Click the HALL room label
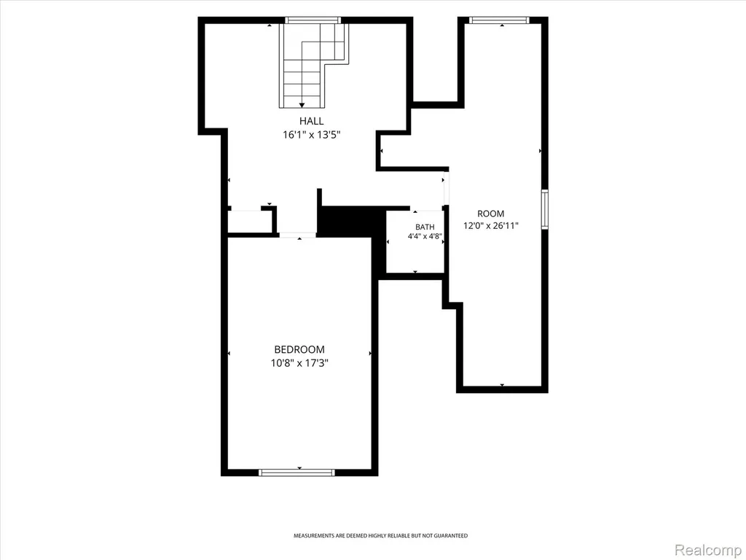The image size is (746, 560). click(x=311, y=121)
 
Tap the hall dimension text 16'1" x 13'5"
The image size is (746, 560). click(x=312, y=135)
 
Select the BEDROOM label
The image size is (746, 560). click(x=299, y=349)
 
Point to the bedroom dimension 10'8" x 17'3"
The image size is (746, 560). click(x=299, y=363)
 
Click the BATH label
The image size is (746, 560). click(x=425, y=227)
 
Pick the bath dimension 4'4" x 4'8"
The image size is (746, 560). click(x=425, y=236)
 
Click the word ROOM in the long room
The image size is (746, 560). click(x=490, y=214)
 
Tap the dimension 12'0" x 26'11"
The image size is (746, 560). click(x=490, y=226)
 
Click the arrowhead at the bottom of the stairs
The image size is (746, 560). click(x=302, y=105)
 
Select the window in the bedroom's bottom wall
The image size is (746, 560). click(x=297, y=472)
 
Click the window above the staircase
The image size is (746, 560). click(x=313, y=20)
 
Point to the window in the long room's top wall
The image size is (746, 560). click(x=498, y=20)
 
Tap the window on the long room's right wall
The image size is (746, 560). click(x=545, y=209)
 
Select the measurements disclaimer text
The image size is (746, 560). click(x=380, y=536)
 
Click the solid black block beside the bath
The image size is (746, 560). click(x=351, y=222)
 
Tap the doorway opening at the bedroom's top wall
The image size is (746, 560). click(x=297, y=235)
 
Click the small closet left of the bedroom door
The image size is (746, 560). click(x=249, y=222)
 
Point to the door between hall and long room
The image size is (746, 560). click(x=446, y=189)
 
